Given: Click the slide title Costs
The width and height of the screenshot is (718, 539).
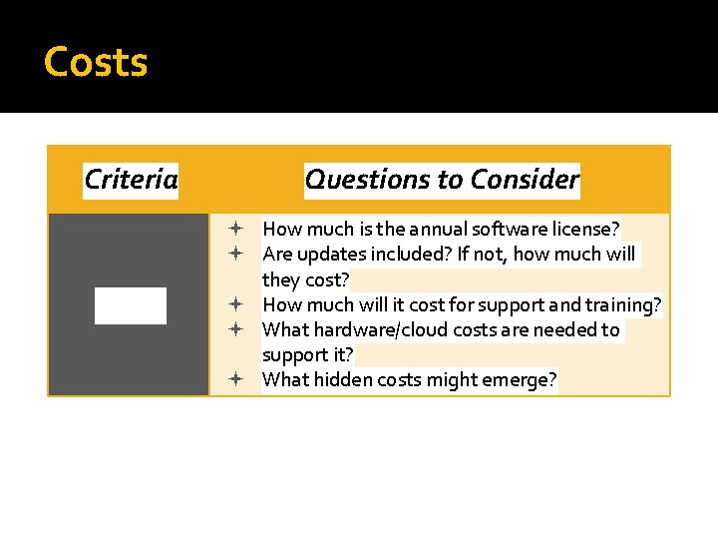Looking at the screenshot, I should tap(96, 62).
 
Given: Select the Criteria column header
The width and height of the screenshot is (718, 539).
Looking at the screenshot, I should tap(131, 180).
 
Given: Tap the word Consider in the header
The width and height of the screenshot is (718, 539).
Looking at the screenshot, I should tap(525, 180).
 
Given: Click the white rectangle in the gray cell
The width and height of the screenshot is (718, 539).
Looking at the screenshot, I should tap(131, 305).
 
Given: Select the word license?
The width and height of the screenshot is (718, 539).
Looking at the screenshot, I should tap(583, 230).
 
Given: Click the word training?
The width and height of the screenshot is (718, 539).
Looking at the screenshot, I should tap(625, 304).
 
